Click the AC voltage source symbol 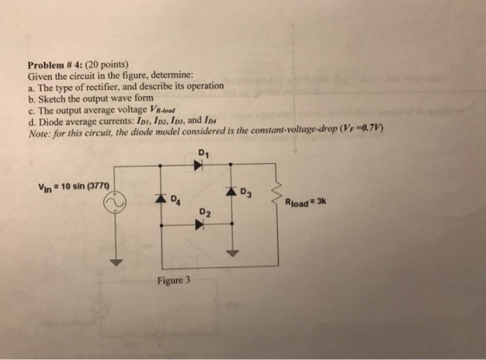coord(115,202)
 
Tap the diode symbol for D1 coord(199,165)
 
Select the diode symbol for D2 coord(199,225)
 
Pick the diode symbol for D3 coord(231,191)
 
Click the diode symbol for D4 coord(161,199)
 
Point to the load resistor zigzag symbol coord(277,193)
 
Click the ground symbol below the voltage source coord(116,262)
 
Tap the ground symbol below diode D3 coord(233,253)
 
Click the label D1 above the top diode coord(203,153)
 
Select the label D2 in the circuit coord(206,213)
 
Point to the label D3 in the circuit coord(246,193)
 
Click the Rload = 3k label coord(305,202)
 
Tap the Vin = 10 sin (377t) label coord(74,187)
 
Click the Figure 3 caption coord(174,280)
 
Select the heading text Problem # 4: coord(56,65)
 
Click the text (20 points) coord(107,64)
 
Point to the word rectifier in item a coord(97,88)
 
